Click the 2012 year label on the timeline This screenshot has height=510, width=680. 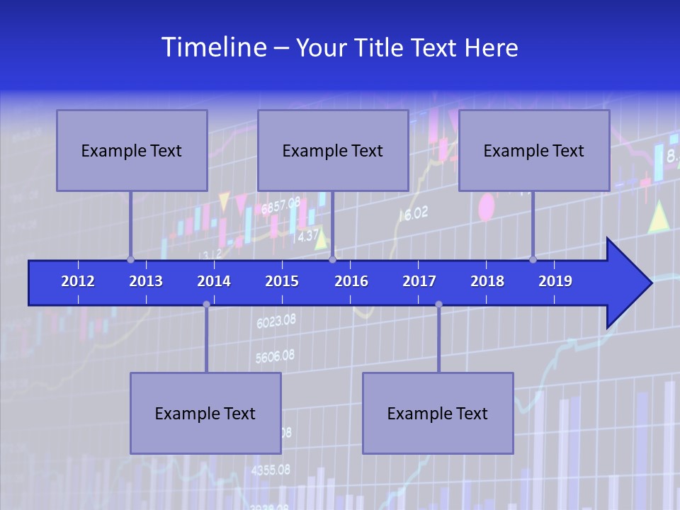78,281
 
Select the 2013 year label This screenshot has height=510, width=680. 146,281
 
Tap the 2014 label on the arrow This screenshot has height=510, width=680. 214,281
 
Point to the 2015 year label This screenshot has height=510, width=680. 282,281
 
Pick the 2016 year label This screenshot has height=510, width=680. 351,281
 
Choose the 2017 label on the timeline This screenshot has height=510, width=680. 419,281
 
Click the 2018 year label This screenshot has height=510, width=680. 487,281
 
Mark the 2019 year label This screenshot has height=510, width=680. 555,281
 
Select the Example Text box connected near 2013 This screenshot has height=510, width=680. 132,150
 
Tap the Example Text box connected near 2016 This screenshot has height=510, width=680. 333,150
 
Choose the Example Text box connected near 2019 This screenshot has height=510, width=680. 534,150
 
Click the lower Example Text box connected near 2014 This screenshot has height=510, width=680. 205,413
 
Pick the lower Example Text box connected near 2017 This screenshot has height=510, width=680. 438,413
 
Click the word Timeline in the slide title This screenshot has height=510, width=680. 213,47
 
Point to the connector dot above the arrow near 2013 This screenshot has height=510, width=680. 130,259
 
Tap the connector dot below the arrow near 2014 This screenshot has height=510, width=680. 206,304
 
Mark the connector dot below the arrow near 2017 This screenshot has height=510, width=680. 438,304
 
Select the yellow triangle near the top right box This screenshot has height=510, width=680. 659,217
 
